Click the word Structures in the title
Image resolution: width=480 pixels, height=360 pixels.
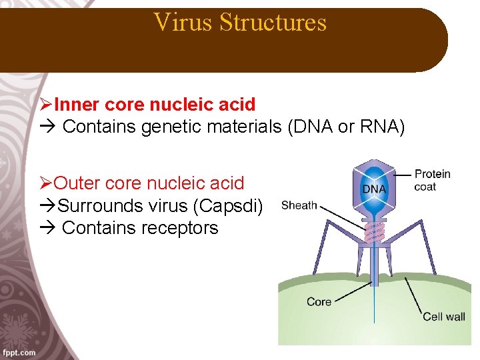[x=273, y=22]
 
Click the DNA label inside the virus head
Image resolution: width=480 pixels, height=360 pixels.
[x=374, y=189]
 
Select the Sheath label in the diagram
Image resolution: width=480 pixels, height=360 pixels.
[x=299, y=205]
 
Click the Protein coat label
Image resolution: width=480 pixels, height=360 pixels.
[x=432, y=180]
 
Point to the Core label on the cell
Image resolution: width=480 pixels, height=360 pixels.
[x=319, y=302]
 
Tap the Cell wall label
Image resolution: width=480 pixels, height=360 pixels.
[x=443, y=317]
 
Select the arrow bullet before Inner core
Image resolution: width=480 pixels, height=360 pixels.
[x=46, y=105]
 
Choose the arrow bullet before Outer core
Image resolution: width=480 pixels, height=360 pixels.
[x=46, y=183]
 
